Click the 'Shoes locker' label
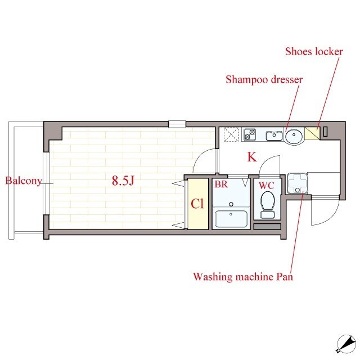click(x=314, y=51)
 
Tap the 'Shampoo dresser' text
click(x=264, y=80)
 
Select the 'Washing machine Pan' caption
click(x=243, y=277)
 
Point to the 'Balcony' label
click(x=24, y=181)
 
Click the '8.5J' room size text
click(x=123, y=181)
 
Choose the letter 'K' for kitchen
click(x=252, y=157)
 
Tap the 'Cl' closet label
click(x=197, y=204)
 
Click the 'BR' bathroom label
click(x=221, y=184)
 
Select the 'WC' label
click(x=266, y=186)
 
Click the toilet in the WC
click(x=268, y=205)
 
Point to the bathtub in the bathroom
click(x=231, y=219)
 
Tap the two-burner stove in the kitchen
click(x=250, y=134)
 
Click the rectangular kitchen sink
click(x=274, y=136)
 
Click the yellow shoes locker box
click(x=312, y=133)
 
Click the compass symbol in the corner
click(x=346, y=344)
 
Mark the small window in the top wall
click(x=177, y=124)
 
